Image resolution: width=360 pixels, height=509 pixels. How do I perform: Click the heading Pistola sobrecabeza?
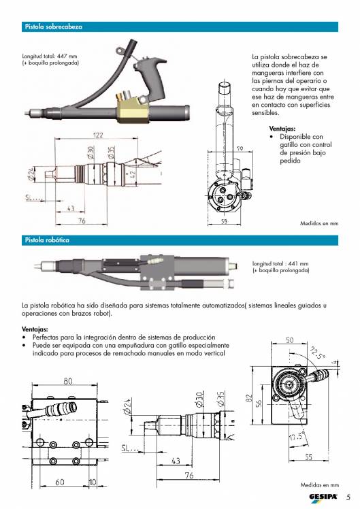tap(53, 27)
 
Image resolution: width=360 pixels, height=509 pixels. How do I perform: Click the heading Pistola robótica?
tap(47, 240)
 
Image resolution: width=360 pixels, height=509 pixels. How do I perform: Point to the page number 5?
tap(348, 496)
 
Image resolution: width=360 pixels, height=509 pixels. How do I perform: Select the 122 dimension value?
tap(98, 135)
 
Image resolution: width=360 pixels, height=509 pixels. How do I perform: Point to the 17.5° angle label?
tap(296, 436)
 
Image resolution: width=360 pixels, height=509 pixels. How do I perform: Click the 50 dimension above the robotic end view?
tap(289, 340)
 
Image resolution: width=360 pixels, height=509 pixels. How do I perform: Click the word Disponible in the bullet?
tap(295, 137)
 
